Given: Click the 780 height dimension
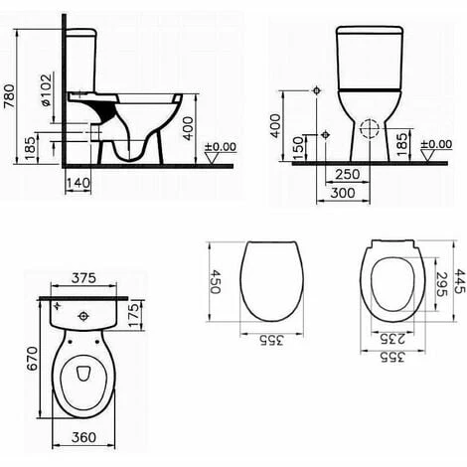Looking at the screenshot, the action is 9,96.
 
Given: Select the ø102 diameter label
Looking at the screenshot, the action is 47,90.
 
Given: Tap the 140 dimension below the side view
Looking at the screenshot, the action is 78,183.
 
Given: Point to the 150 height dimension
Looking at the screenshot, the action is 299,148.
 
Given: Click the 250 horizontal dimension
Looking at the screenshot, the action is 348,174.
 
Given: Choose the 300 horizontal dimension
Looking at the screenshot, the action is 343,193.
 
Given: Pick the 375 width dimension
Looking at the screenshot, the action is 83,278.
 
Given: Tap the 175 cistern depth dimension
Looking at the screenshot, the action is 134,315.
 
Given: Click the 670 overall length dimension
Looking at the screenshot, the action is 33,359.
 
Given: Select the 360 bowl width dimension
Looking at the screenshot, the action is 83,437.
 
